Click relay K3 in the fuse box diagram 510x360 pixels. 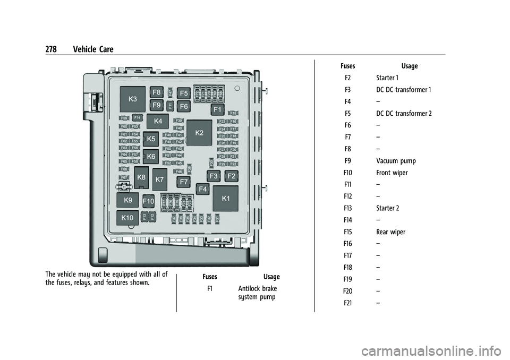(132, 99)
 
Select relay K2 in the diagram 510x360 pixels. (200, 132)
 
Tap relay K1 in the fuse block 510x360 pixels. (226, 198)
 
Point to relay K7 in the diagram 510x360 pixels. (159, 180)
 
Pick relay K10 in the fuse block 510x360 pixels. (127, 218)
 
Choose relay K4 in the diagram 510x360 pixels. (158, 121)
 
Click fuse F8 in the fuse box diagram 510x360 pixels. (157, 92)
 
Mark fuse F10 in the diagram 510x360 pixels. (148, 201)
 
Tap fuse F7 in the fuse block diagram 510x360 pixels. (184, 182)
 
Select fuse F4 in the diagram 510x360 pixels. (202, 188)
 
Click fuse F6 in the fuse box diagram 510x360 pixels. (184, 106)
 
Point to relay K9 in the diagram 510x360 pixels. (128, 200)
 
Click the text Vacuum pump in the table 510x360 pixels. (396, 161)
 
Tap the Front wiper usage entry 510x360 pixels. (392, 173)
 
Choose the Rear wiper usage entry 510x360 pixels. (390, 232)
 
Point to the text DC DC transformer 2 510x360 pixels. (404, 113)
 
